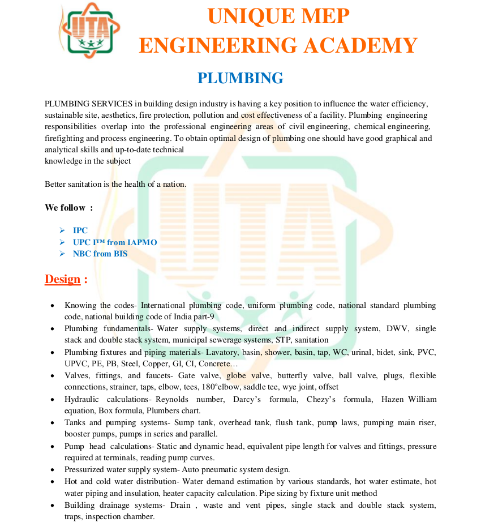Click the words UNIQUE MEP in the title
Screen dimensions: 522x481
(x=278, y=16)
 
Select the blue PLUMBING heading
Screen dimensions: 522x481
(x=240, y=78)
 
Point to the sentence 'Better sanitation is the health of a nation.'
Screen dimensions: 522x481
(x=115, y=184)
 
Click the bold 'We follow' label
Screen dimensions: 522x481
(x=65, y=208)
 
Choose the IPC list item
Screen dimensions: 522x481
(x=80, y=230)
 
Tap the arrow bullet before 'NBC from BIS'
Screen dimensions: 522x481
(x=62, y=254)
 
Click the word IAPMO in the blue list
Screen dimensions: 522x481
(x=142, y=242)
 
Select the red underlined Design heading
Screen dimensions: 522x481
(x=63, y=279)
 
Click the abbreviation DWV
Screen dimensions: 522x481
(x=397, y=328)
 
